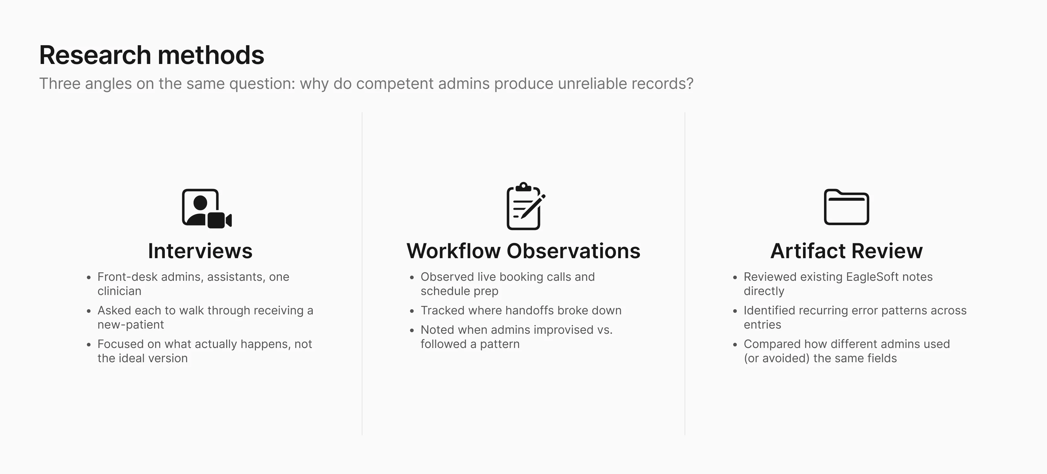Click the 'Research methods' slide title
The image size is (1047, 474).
tap(152, 55)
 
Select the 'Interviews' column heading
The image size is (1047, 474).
tap(200, 251)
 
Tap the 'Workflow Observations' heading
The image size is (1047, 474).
tap(523, 251)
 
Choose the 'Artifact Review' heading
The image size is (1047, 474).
tap(847, 251)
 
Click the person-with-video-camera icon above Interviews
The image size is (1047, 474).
tap(206, 208)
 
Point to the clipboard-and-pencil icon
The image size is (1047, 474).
tap(525, 206)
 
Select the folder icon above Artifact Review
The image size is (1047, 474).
tap(847, 207)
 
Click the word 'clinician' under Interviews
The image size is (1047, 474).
tap(120, 291)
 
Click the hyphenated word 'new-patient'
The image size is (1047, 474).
tap(131, 325)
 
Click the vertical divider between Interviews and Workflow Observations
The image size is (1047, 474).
tap(362, 274)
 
